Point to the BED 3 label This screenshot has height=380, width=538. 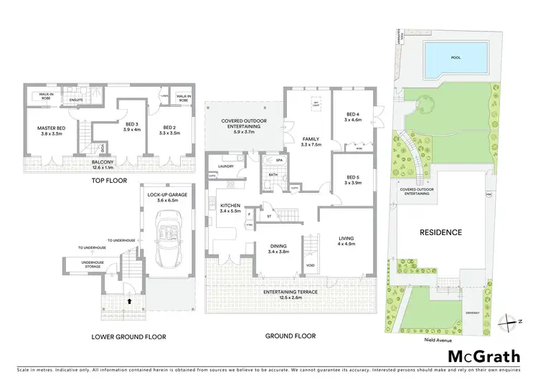pyautogui.click(x=131, y=125)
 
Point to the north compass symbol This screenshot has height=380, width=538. pyautogui.click(x=511, y=321)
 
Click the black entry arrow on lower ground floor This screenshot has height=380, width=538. pyautogui.click(x=129, y=302)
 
